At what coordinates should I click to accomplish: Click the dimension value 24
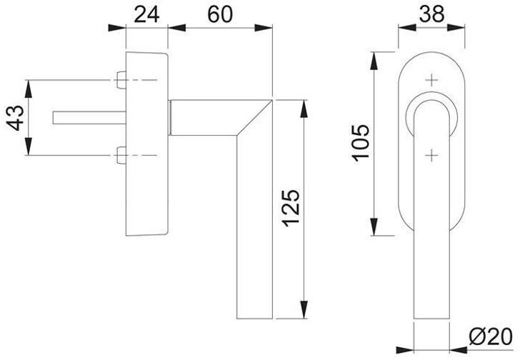pos(146,14)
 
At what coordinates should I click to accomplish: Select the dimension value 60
pos(220,14)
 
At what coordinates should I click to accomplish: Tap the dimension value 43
pos(16,118)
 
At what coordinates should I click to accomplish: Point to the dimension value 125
pos(291,208)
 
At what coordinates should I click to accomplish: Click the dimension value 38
pos(431,14)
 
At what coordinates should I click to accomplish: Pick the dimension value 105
pos(361,143)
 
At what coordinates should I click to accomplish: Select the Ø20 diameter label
pos(491,337)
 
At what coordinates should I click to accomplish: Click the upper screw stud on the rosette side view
pos(121,80)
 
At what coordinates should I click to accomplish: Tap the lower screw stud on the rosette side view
pos(121,155)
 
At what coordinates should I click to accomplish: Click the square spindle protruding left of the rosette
pos(89,118)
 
